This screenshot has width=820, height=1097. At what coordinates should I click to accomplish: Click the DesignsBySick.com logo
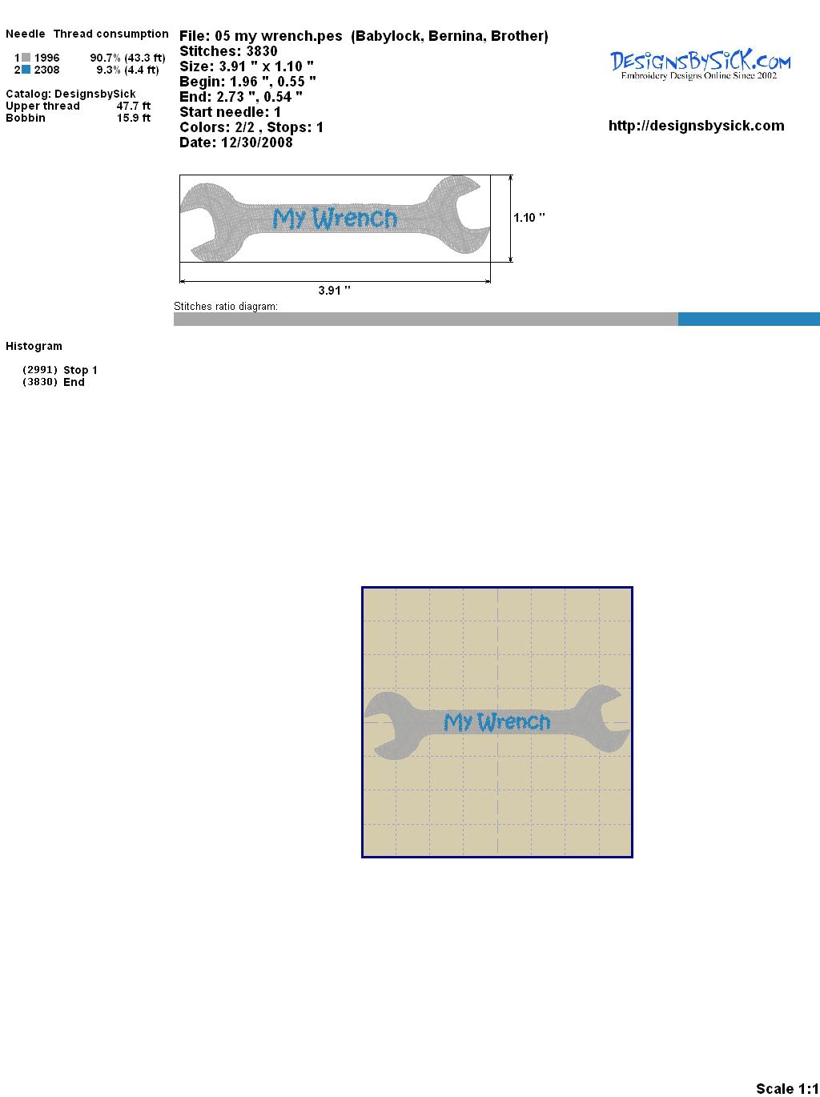pos(700,64)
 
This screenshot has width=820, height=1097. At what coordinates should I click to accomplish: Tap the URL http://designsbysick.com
pos(696,126)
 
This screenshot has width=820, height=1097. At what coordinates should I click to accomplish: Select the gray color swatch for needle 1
pos(26,58)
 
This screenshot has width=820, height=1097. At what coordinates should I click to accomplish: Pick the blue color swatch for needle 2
pos(26,70)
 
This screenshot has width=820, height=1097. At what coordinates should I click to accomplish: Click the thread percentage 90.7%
pos(105,58)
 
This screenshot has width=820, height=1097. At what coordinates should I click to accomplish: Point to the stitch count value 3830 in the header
pos(262,51)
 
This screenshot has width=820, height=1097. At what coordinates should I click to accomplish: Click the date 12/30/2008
pos(257,143)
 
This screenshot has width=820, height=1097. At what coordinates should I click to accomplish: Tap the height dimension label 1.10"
pos(529,218)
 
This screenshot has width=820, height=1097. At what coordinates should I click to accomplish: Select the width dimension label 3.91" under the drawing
pos(334,291)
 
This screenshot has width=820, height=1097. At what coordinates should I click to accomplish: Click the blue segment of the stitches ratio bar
pos(749,319)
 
